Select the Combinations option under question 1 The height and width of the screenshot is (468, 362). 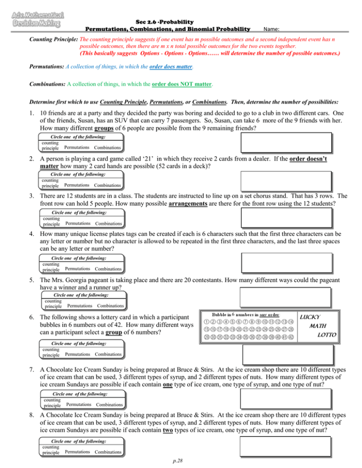point(107,148)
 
